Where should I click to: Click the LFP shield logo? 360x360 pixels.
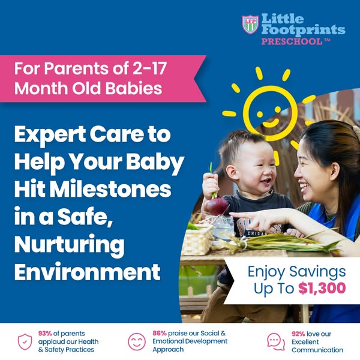250,25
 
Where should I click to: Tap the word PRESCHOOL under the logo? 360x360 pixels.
292,42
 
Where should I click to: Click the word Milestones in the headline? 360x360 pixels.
110,190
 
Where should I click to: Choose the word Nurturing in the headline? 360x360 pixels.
70,245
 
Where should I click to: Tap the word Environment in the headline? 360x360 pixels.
87,272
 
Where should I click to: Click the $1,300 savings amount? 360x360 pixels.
322,289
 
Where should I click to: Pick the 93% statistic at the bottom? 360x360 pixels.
45,334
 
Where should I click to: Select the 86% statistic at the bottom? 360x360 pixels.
160,334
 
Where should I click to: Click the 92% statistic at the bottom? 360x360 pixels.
298,334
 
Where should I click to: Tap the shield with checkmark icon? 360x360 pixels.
25,342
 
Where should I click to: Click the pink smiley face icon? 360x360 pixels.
137,342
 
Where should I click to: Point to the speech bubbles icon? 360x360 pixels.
276,342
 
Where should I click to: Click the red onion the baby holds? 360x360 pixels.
216,206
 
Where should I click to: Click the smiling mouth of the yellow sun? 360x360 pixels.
271,123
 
